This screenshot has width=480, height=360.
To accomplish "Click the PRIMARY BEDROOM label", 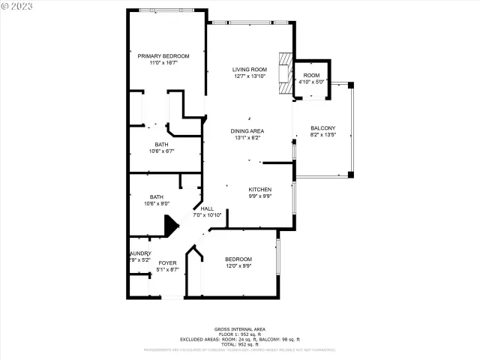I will tap(163, 56).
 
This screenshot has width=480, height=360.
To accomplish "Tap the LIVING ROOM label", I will tap(249, 70).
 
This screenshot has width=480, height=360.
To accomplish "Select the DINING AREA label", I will tap(247, 131).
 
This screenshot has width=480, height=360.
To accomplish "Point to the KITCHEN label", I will tap(260, 190).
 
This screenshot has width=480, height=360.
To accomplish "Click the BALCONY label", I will tap(322, 128).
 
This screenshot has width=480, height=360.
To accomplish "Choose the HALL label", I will tap(207, 209).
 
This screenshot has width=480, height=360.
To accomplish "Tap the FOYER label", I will tap(167, 262).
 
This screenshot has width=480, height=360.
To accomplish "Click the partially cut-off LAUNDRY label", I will tap(140, 253).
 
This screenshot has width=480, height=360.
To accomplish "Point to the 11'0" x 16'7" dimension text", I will tap(163, 63).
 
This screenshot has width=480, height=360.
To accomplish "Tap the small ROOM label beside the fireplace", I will tap(310, 76).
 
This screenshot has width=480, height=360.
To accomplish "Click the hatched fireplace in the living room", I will tap(283, 73).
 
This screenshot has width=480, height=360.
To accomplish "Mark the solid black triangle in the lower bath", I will tap(170, 225).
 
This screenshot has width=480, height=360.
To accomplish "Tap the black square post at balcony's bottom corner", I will tap(350, 175).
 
